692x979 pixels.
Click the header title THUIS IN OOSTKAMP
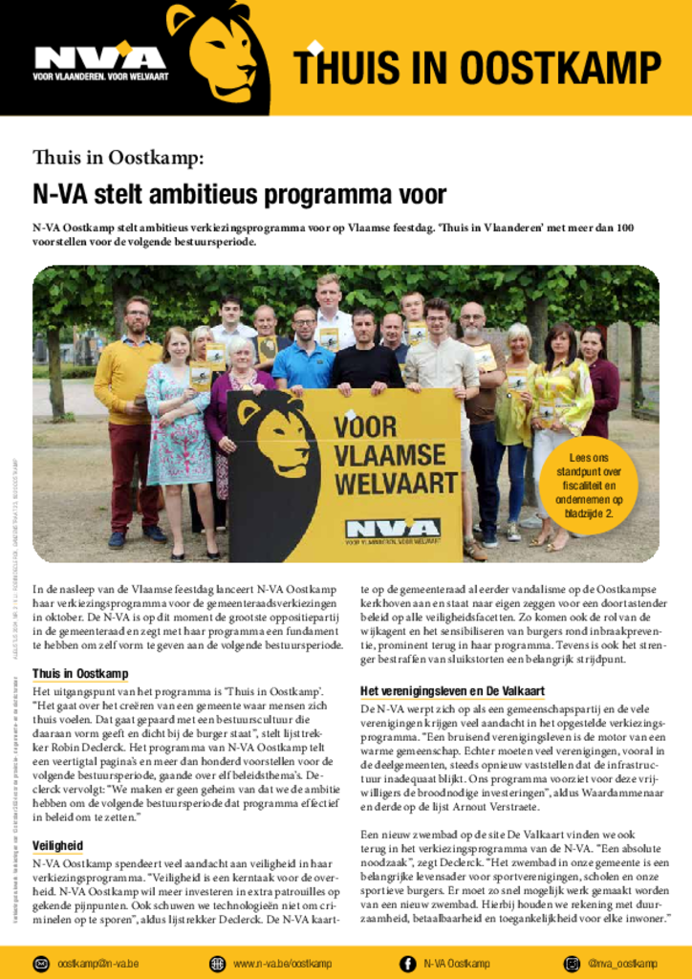coord(476,68)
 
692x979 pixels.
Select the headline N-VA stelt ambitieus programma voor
coord(240,195)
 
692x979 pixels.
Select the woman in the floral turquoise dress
coord(178,421)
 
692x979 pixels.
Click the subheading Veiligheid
coord(57,846)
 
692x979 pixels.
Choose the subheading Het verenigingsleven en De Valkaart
coord(452,691)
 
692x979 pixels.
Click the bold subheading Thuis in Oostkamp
coord(80,674)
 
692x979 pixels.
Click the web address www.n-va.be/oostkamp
coord(282,964)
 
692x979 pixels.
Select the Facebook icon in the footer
coord(407,964)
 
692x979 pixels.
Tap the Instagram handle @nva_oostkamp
coord(622,964)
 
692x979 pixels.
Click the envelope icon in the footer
coord(42,964)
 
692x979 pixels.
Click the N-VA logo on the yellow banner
coord(392,529)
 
